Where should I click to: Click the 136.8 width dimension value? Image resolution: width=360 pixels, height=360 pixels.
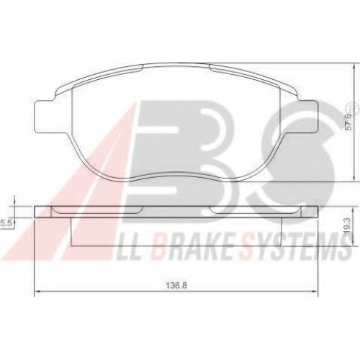click(176, 286)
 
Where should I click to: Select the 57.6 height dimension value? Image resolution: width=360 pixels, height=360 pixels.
click(349, 122)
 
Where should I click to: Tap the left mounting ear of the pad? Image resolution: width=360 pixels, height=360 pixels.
click(45, 116)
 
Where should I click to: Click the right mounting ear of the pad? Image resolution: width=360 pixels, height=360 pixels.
click(308, 116)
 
